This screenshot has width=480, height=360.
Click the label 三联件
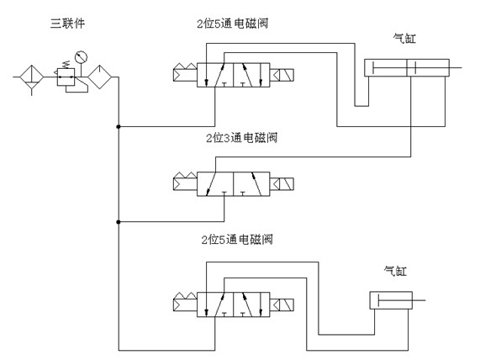(67, 24)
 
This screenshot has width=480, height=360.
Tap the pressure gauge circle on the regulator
(82, 56)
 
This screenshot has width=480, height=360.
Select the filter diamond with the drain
(32, 77)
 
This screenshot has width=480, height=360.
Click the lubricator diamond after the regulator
(100, 77)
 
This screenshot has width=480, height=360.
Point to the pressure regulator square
(66, 77)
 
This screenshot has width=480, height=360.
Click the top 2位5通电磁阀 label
(233, 24)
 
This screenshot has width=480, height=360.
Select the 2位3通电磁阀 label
(242, 138)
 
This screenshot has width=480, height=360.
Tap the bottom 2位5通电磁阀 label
(237, 239)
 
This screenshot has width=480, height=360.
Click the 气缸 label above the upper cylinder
(404, 39)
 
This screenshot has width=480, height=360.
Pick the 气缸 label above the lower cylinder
(395, 271)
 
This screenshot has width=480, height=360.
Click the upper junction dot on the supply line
(119, 126)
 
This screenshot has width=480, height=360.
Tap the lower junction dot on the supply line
(119, 222)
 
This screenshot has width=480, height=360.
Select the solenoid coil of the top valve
(282, 75)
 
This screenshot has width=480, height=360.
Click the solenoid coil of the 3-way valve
(282, 184)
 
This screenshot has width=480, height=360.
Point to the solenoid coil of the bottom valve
(282, 304)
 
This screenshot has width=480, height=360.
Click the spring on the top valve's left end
(185, 72)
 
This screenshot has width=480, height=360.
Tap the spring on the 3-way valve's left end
(185, 181)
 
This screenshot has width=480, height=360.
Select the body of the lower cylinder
(391, 300)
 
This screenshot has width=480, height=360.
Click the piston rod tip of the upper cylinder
(461, 67)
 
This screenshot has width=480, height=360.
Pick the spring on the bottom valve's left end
(185, 302)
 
